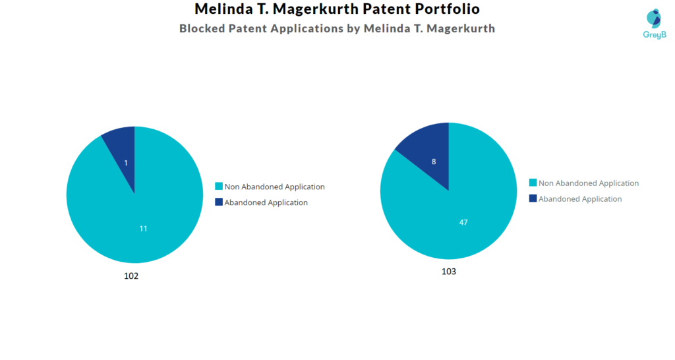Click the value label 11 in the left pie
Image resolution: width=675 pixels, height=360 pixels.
[143, 229]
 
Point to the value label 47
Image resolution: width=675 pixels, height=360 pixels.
[463, 222]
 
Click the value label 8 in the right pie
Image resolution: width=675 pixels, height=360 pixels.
[434, 162]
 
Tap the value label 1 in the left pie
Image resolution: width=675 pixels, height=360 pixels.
[126, 163]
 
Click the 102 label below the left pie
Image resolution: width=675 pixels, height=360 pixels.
[131, 276]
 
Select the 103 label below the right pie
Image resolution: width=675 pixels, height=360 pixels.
[448, 272]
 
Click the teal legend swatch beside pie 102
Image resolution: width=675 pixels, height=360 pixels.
[219, 187]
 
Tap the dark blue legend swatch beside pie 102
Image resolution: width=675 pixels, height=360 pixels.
[219, 202]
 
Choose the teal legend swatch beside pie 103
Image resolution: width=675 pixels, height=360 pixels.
[533, 183]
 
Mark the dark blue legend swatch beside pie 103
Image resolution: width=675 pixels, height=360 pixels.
[533, 198]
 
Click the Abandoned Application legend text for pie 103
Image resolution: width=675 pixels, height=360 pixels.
[580, 199]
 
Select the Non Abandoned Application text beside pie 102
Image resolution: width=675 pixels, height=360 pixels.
[274, 187]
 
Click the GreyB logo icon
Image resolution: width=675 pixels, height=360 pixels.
[653, 18]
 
